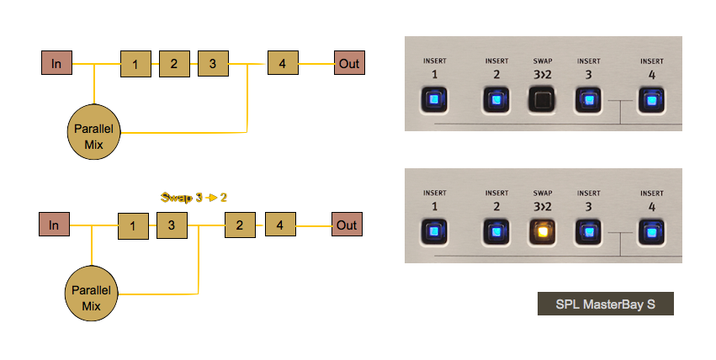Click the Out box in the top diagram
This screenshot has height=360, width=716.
point(349,62)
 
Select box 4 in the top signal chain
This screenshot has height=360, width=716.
point(283,63)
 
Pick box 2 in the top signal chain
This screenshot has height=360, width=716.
point(174,63)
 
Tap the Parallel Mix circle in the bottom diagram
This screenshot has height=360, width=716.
point(92,295)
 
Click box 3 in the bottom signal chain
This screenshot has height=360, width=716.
point(171,225)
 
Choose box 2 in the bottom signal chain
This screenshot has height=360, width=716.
point(240,225)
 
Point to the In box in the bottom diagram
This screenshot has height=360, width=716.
point(54,225)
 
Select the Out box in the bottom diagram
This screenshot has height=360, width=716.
point(347,225)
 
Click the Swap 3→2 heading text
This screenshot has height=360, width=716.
point(194,198)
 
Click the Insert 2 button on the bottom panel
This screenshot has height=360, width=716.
point(496,231)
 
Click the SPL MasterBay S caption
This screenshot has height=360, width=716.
point(606,304)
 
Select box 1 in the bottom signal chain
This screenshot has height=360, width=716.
point(132,225)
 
